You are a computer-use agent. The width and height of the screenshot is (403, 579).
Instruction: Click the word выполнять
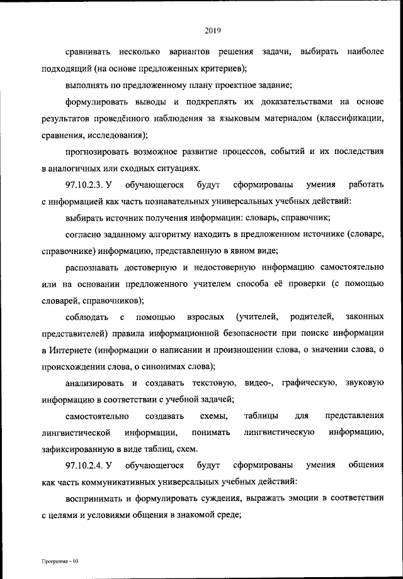[88, 84]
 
